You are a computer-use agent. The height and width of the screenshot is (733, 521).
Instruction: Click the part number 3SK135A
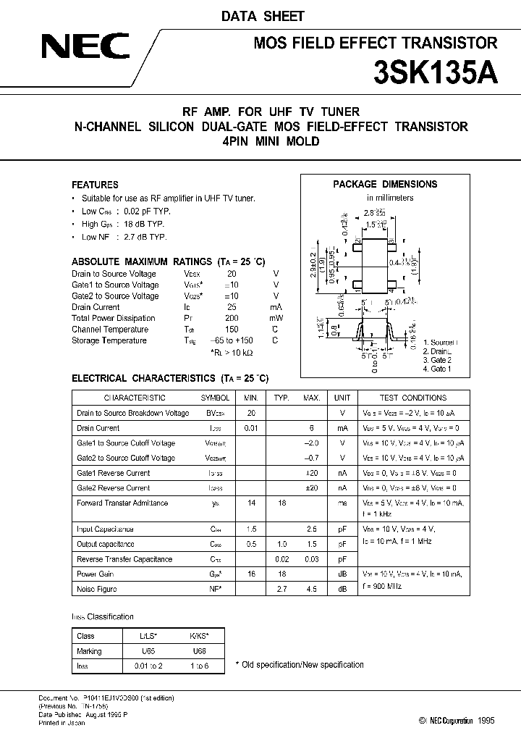click(435, 73)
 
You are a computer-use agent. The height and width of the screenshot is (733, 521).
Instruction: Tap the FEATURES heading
click(95, 185)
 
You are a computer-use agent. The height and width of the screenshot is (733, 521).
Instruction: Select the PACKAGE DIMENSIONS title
click(385, 184)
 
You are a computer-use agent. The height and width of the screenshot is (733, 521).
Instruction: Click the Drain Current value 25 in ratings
click(232, 307)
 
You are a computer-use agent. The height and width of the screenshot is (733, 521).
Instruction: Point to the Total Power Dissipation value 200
click(232, 318)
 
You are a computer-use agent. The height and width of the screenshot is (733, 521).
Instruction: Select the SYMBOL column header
click(215, 398)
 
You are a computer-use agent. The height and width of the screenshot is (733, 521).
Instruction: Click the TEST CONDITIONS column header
click(413, 398)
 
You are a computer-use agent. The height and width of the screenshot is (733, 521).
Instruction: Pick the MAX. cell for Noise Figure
click(312, 590)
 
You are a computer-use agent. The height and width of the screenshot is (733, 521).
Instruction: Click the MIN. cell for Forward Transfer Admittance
click(251, 503)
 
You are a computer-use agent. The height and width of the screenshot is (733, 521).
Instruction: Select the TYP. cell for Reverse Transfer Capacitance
click(281, 559)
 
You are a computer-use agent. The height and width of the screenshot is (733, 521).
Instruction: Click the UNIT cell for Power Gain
click(342, 574)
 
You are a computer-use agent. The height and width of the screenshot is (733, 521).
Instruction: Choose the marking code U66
click(200, 651)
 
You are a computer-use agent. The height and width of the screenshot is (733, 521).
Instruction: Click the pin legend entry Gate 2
click(436, 360)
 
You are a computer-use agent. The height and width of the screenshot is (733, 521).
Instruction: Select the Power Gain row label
click(95, 574)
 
